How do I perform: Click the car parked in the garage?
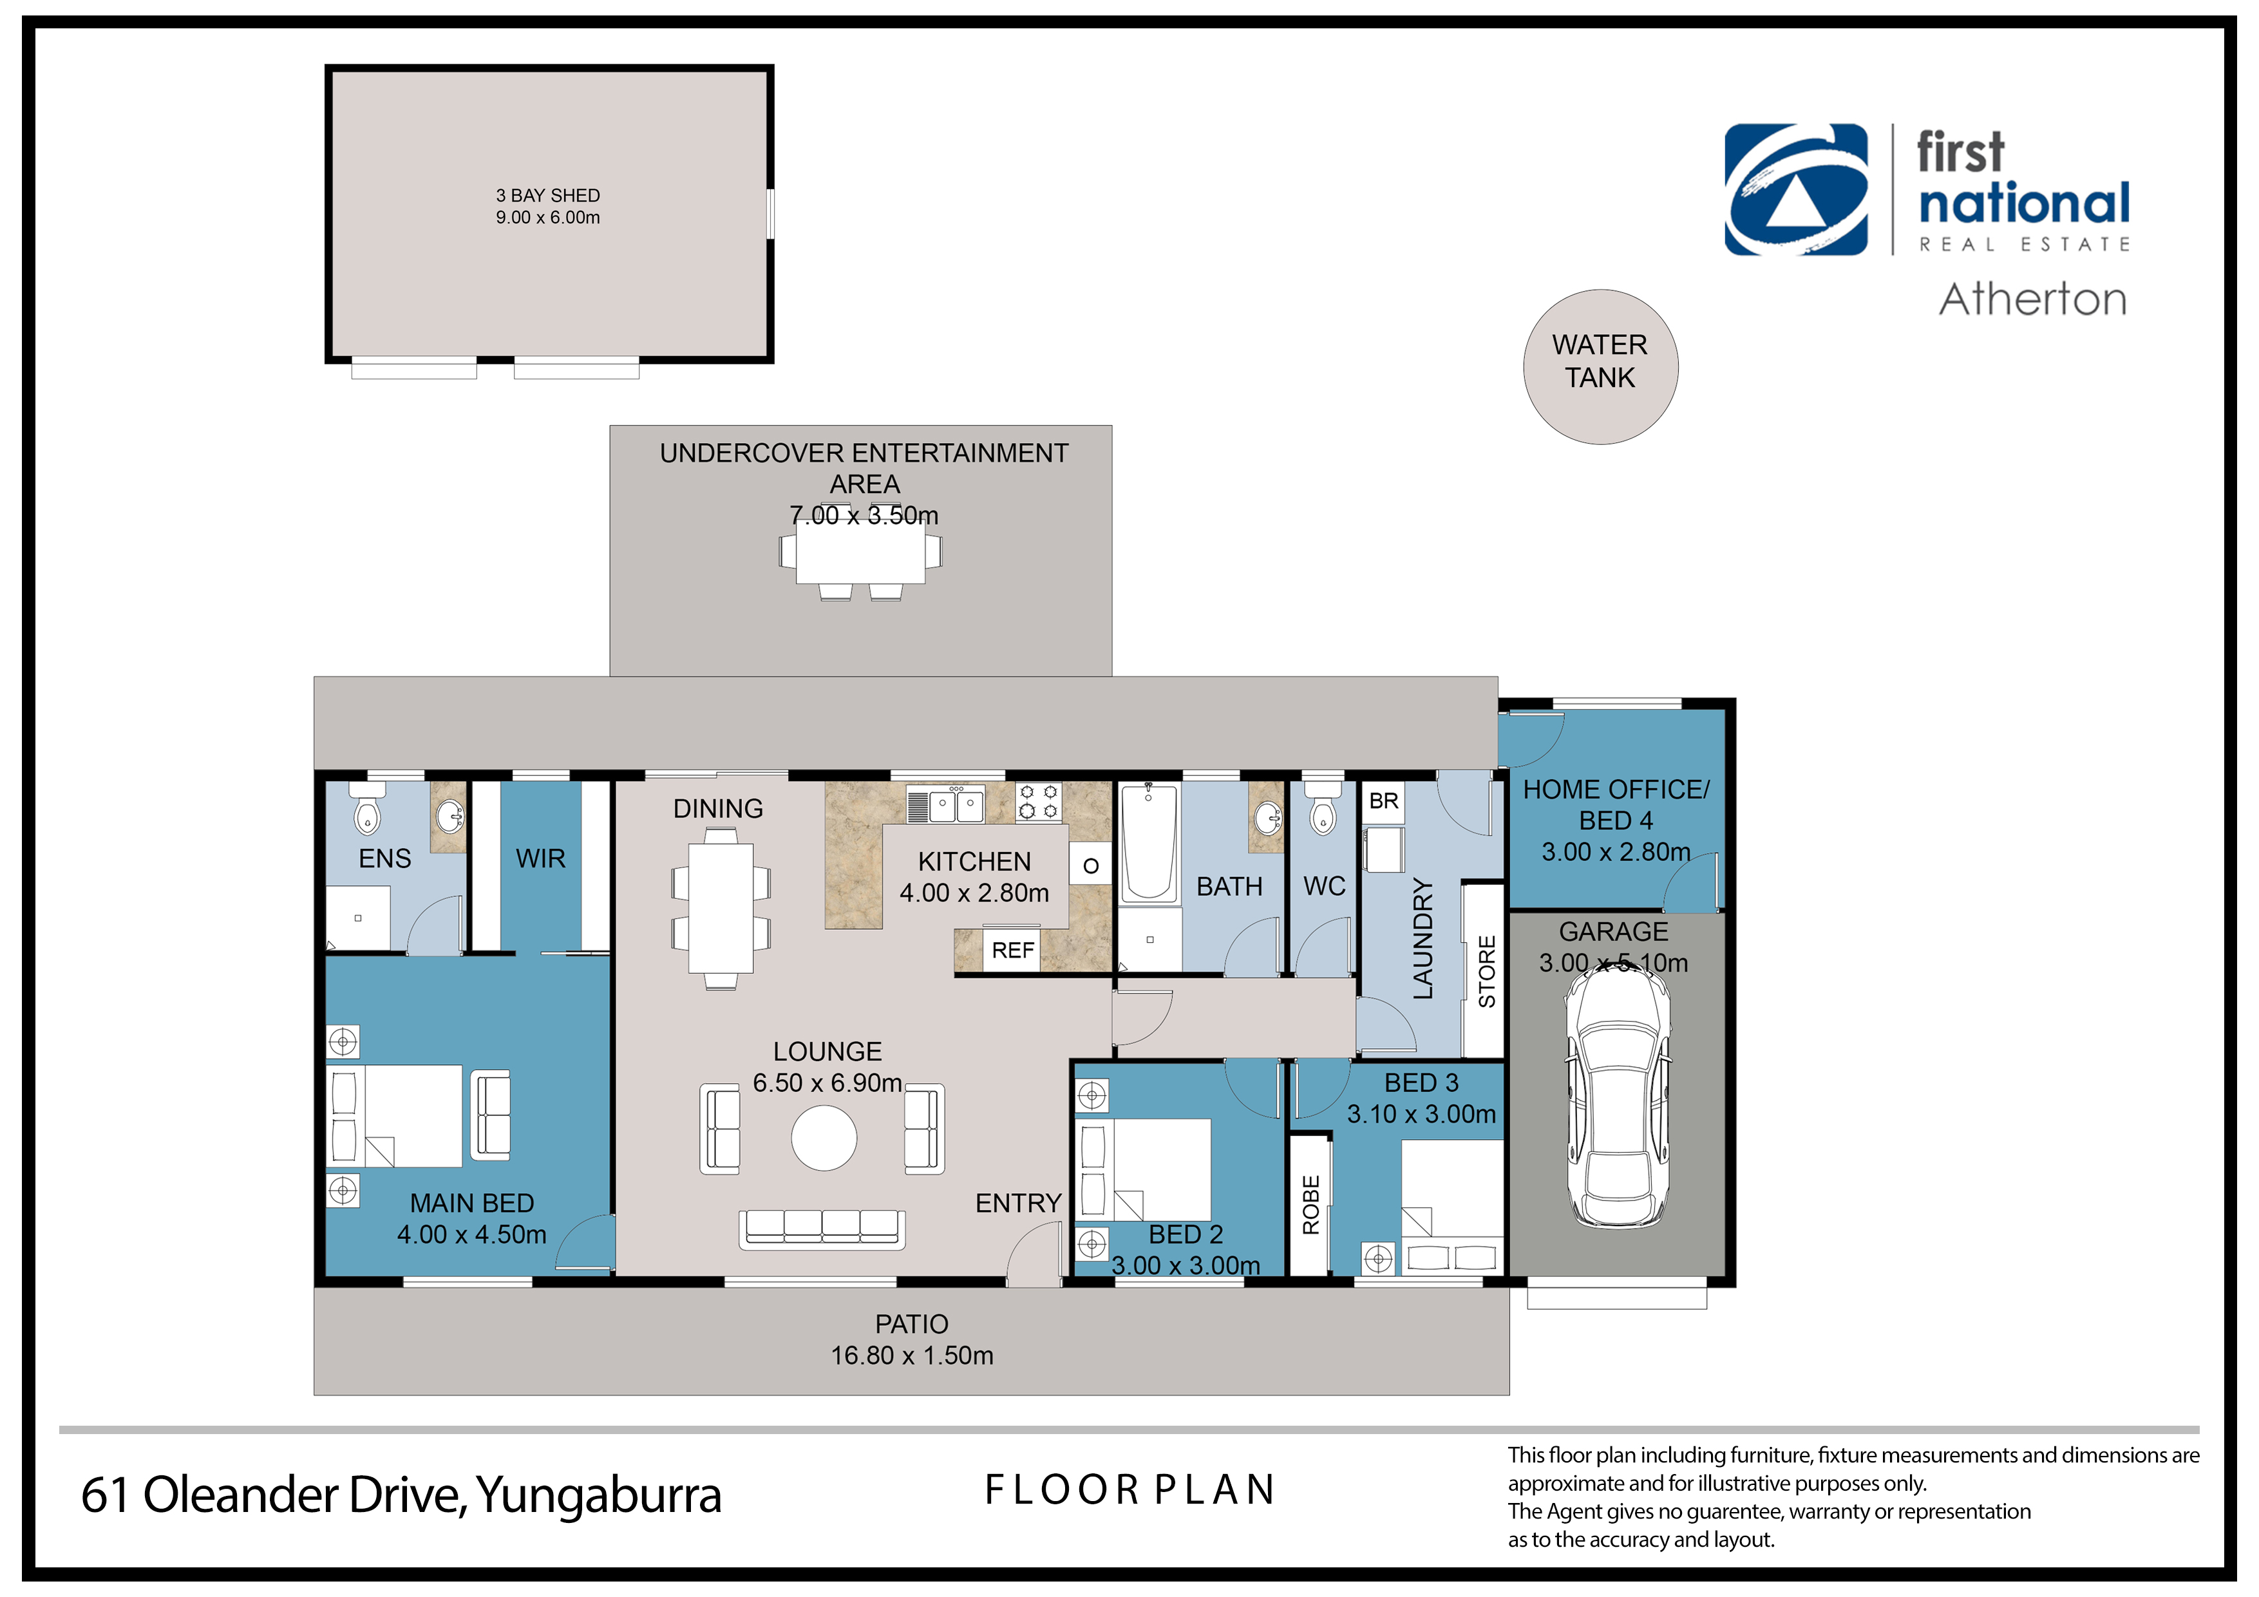(1618, 1093)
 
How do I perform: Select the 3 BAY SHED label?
(548, 196)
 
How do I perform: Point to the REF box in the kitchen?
(1012, 950)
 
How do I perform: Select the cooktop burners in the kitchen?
(1039, 802)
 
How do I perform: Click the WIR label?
(540, 859)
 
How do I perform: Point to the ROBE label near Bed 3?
(1310, 1204)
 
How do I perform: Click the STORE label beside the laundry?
(1487, 971)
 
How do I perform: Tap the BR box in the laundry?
(1383, 801)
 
